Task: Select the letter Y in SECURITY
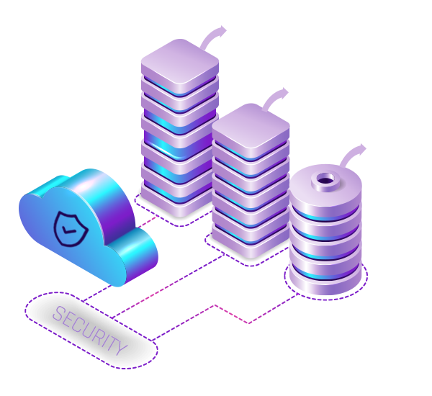[x=120, y=348]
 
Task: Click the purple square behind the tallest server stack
[x=214, y=35]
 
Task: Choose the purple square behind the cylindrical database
[x=354, y=154]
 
